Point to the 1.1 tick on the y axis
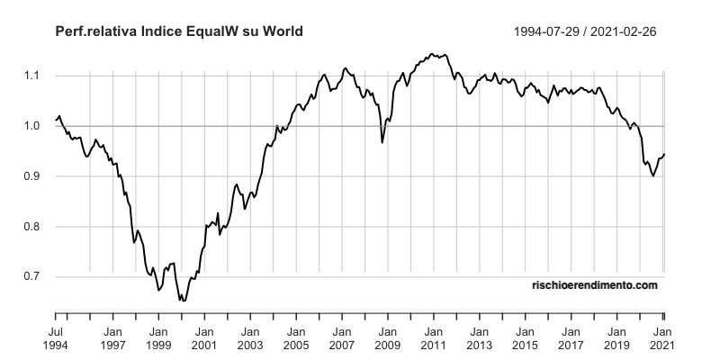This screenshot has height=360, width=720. (x=33, y=76)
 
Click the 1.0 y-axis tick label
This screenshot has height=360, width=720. (x=33, y=126)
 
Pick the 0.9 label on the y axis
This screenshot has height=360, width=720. (x=33, y=176)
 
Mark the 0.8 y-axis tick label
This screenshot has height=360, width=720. (x=33, y=227)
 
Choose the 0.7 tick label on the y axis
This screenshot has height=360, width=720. (x=33, y=277)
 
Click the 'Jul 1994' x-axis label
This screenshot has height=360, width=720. (x=56, y=337)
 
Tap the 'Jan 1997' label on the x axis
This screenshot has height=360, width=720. (x=112, y=337)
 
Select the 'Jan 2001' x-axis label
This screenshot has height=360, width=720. (x=204, y=337)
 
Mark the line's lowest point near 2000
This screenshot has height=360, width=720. (x=184, y=300)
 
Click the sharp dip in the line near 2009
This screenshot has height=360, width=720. (x=382, y=142)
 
